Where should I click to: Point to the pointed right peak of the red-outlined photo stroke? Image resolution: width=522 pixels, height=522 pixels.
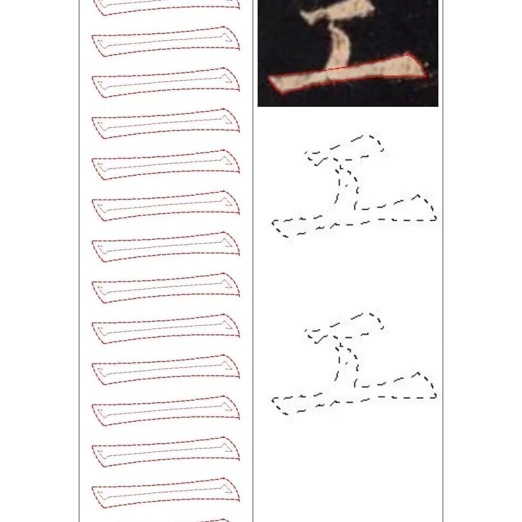coord(410,54)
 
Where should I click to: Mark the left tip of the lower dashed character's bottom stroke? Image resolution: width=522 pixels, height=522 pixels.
coord(274,401)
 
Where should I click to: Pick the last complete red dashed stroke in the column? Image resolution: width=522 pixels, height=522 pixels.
coord(166,493)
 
